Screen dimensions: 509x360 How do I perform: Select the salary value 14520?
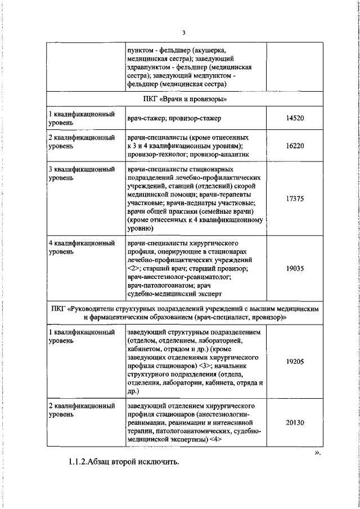pos(295,118)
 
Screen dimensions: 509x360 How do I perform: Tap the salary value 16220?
pos(295,145)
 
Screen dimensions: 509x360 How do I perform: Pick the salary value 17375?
pos(295,199)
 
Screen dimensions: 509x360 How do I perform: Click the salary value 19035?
pos(295,269)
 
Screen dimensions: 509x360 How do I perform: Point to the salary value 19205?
pos(295,363)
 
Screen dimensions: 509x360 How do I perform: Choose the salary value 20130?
pos(295,429)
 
